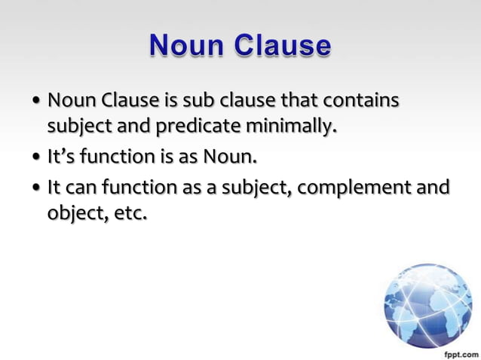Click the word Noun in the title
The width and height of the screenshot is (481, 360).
tap(187, 45)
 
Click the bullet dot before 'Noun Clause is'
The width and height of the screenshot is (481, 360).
tap(37, 102)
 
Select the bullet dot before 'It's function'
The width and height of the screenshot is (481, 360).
tap(37, 159)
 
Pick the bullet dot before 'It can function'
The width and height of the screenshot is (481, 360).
tap(37, 187)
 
